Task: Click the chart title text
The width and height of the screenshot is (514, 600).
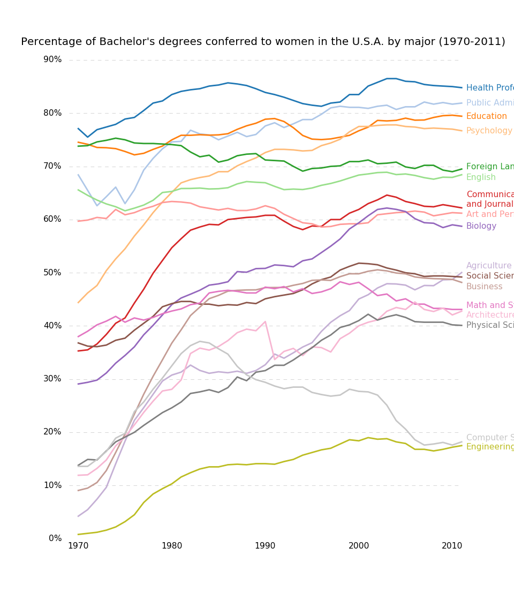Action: coord(263,42)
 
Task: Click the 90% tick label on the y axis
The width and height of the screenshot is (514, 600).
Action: coord(52,59)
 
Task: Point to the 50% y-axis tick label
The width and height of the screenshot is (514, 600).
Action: coord(52,273)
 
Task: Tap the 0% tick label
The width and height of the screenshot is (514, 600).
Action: coord(55,538)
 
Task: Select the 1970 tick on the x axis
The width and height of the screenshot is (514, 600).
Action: coord(78,546)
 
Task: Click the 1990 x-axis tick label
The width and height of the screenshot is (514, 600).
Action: coord(265,546)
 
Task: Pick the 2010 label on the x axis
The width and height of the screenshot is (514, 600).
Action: coord(452,546)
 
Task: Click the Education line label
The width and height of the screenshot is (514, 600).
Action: coord(486,116)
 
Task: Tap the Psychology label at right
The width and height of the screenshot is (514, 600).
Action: coord(489,131)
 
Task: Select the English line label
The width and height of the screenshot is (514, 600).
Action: coord(481,177)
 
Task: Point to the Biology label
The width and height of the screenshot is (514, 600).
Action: coord(481,226)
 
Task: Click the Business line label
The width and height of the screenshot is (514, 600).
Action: coord(484,287)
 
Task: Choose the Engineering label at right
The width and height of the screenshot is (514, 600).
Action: coord(490,447)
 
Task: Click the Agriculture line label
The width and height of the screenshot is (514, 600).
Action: coord(489,266)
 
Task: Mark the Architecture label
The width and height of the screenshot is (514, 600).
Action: coord(490,315)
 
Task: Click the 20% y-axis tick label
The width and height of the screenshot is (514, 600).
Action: coord(52,432)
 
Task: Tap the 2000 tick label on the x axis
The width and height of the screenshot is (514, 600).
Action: coord(359,546)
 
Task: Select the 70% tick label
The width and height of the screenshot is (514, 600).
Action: coord(52,166)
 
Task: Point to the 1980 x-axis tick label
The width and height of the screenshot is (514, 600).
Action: coord(172,546)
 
